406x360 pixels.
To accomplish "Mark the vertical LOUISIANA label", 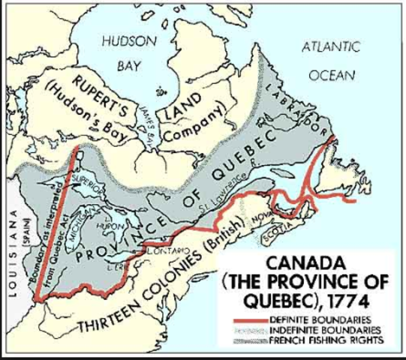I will coord(10,251).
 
